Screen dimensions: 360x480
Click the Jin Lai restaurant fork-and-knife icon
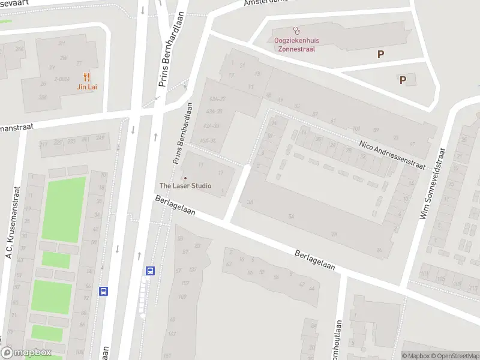point(87,77)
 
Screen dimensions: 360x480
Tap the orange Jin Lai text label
point(87,87)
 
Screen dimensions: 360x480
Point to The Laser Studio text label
point(185,186)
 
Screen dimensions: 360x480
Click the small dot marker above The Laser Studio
point(185,178)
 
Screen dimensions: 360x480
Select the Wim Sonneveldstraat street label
point(432,184)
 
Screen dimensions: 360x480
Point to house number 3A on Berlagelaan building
point(250,203)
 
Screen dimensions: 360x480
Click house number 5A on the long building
point(292,216)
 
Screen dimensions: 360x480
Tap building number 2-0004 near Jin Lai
point(62,79)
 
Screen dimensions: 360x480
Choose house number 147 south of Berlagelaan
point(172,334)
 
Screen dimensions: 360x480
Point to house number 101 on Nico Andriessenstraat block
point(356,128)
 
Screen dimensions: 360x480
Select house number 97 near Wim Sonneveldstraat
point(412,144)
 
